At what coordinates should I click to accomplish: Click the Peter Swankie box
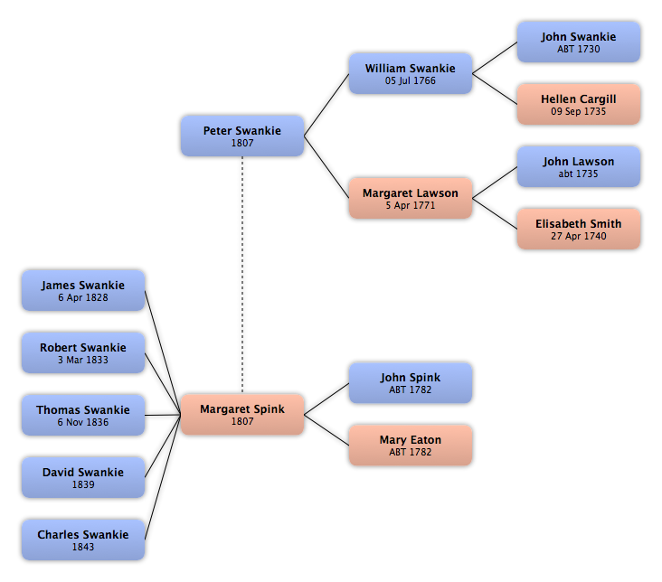242,136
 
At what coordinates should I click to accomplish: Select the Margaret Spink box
242,415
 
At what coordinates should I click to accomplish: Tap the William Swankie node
411,73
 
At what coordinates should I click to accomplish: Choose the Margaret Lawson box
411,198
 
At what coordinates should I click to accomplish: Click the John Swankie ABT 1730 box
579,42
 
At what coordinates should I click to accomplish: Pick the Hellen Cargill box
579,104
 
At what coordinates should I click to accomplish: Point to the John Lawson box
579,166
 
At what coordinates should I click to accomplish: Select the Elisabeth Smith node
579,229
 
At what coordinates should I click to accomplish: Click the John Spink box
411,383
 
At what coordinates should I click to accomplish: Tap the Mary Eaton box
411,446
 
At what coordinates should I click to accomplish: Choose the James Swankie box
83,291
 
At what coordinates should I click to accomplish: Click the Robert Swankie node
83,352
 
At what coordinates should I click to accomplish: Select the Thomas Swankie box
83,416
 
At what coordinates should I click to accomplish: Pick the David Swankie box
83,477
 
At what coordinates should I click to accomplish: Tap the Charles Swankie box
83,540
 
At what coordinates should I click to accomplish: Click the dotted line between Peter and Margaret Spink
242,275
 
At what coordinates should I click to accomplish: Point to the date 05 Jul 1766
411,80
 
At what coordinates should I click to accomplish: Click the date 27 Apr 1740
579,236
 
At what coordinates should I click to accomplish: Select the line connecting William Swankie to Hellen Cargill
495,89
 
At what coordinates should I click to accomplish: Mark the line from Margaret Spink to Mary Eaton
326,430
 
